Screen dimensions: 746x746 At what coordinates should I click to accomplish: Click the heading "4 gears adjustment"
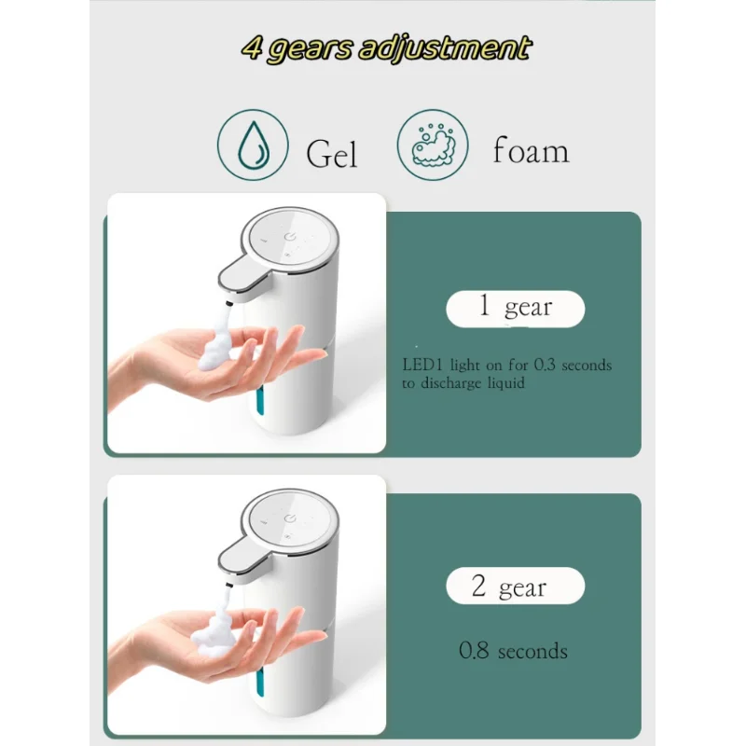386,48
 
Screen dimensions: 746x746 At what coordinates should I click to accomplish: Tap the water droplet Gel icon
252,145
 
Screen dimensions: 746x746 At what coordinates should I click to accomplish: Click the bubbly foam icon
433,145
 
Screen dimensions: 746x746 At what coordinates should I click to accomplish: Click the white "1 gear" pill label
515,309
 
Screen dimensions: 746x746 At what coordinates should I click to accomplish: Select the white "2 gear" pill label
515,587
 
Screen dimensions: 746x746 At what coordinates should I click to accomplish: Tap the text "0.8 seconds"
513,651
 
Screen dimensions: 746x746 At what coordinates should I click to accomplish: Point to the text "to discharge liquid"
464,383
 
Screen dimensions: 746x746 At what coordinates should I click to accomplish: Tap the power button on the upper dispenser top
290,237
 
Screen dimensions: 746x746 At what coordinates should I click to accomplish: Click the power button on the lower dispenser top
290,518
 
